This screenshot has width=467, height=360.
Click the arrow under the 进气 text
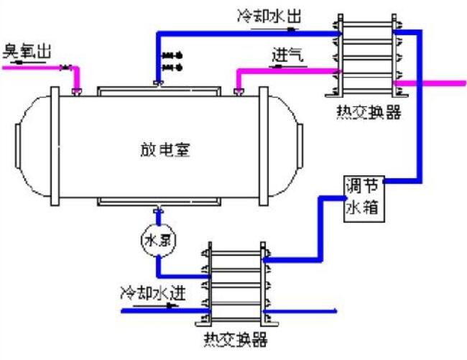(x=282, y=66)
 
